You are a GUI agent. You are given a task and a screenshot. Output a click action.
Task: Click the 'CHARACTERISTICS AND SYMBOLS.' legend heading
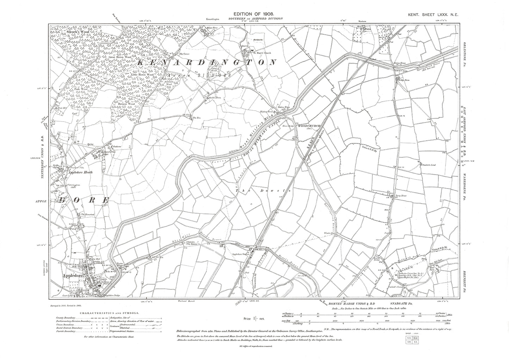109,312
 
